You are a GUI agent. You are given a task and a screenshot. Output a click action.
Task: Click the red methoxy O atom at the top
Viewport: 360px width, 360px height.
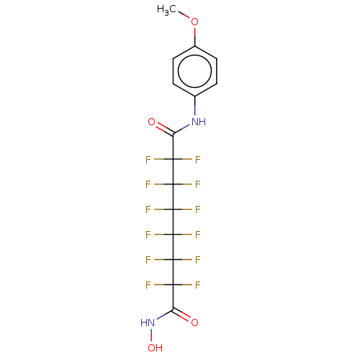tap(194, 22)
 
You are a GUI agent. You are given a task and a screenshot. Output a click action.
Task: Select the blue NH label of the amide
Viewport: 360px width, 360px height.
tap(199, 122)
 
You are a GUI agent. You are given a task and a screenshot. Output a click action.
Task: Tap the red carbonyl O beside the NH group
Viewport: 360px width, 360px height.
tap(151, 122)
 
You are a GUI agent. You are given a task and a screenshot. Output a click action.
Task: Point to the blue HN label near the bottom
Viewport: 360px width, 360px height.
tap(148, 323)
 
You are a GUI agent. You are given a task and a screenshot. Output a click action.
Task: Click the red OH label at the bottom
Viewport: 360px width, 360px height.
tap(155, 348)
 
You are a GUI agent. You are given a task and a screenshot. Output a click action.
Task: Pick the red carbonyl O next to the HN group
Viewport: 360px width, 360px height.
tap(194, 323)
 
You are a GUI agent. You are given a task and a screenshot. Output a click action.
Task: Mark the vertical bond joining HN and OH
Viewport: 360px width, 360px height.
tap(152, 336)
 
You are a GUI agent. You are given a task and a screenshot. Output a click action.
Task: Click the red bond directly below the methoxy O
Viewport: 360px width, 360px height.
tap(194, 32)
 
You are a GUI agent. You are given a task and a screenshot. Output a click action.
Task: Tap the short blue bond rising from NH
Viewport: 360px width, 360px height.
tap(194, 109)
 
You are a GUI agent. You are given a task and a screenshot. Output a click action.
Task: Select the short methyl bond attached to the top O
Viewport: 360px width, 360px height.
tap(187, 17)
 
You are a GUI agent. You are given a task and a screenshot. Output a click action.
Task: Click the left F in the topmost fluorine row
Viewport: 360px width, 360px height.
tap(148, 160)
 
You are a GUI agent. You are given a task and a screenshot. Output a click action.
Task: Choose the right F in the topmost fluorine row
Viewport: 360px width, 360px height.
tap(197, 160)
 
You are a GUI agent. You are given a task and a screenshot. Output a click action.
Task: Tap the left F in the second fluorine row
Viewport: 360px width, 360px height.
tap(148, 185)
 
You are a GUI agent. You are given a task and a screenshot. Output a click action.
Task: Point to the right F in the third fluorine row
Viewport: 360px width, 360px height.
tap(197, 210)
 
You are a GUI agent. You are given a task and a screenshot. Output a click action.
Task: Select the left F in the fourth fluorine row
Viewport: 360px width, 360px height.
tap(148, 235)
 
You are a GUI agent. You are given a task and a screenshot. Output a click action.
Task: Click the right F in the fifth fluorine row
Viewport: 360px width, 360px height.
tap(197, 260)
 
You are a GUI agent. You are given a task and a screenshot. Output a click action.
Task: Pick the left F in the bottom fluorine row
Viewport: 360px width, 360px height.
tap(148, 285)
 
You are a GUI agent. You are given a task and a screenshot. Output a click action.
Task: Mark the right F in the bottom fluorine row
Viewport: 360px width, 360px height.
tap(197, 285)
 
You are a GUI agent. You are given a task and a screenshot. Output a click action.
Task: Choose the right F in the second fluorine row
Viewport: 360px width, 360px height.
tap(197, 185)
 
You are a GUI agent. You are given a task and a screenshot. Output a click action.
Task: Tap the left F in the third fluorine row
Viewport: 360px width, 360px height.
tap(148, 210)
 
